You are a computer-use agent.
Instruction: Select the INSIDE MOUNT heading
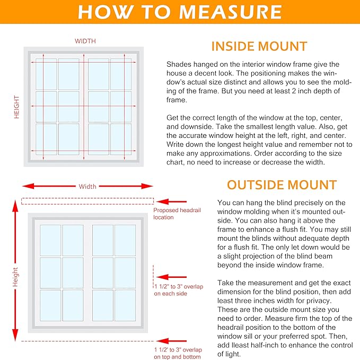[259, 46]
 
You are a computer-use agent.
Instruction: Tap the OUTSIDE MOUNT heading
[282, 185]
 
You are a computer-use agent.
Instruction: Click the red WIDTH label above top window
[85, 41]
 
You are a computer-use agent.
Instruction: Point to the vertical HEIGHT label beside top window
[16, 107]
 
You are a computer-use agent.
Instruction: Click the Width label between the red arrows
[87, 187]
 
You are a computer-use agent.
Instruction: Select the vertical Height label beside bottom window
[15, 277]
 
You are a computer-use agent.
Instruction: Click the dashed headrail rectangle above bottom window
[87, 201]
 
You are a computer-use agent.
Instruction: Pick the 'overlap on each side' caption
[178, 290]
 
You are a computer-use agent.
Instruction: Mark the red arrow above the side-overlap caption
[171, 277]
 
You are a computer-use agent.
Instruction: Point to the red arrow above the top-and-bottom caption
[171, 341]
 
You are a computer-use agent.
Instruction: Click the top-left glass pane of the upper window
[46, 74]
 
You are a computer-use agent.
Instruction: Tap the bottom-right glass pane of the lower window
[125, 305]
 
